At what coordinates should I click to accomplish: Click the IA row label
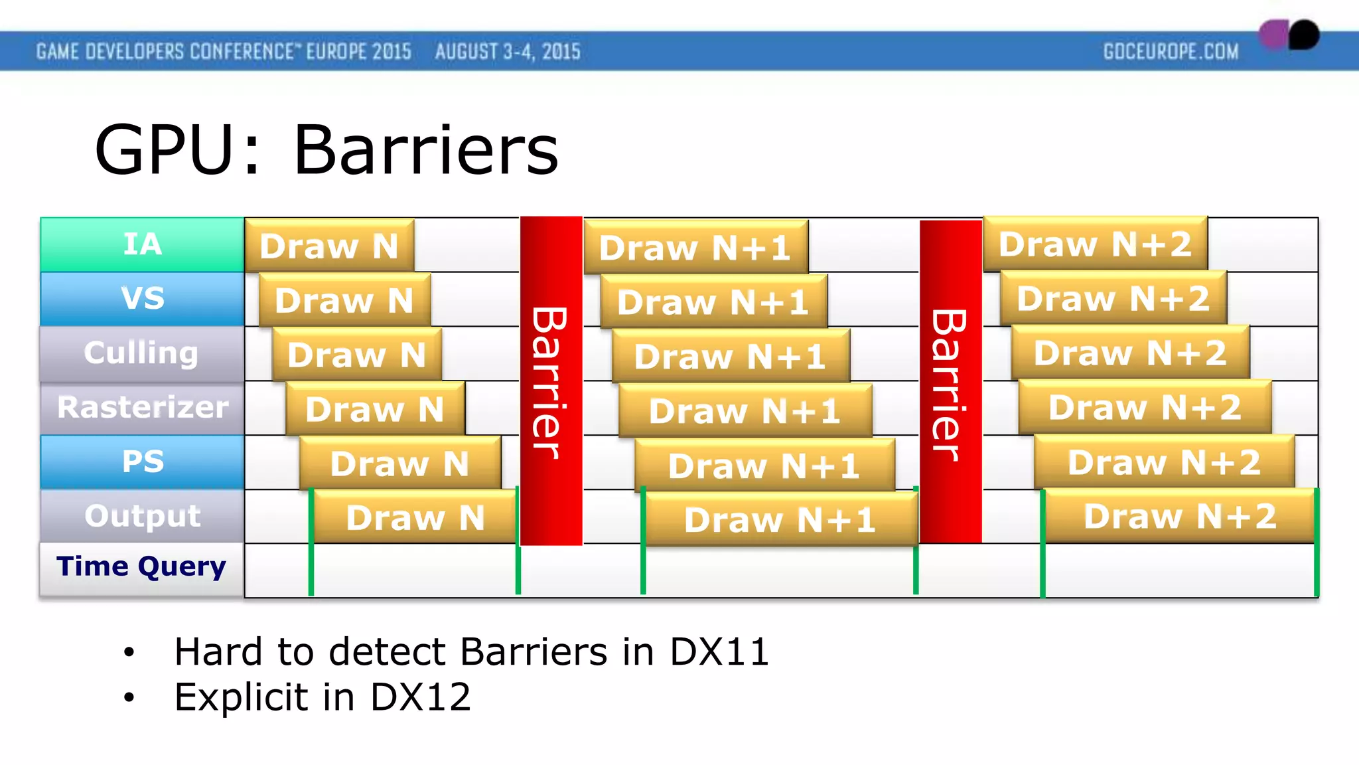(x=142, y=244)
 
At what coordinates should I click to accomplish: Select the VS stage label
(x=142, y=299)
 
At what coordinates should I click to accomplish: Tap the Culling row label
(x=142, y=353)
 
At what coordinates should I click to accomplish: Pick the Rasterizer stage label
(x=142, y=408)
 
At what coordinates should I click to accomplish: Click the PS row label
(x=142, y=462)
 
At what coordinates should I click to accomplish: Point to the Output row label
(x=142, y=517)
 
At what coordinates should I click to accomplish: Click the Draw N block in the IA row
(x=329, y=246)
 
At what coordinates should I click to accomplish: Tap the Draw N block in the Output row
(x=415, y=518)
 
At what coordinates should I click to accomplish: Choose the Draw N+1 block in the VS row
(x=713, y=302)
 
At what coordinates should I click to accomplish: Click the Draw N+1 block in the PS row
(x=764, y=466)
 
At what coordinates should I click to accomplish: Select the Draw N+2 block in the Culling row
(x=1130, y=353)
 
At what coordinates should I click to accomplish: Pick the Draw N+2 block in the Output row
(x=1180, y=517)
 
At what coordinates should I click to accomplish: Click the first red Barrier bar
(x=551, y=381)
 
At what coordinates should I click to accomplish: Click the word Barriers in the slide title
(x=426, y=151)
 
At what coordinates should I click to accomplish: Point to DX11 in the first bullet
(x=719, y=652)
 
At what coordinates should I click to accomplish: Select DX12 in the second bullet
(x=420, y=697)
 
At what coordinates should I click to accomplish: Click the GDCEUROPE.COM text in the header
(x=1171, y=52)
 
